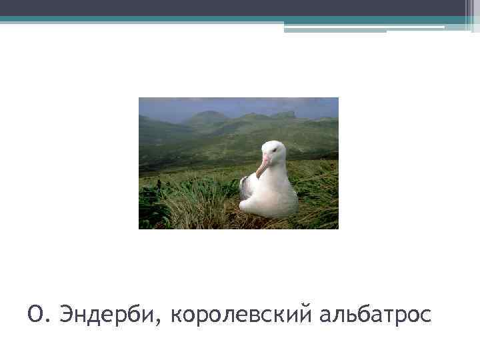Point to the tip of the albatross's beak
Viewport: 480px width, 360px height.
pyautogui.click(x=258, y=177)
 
